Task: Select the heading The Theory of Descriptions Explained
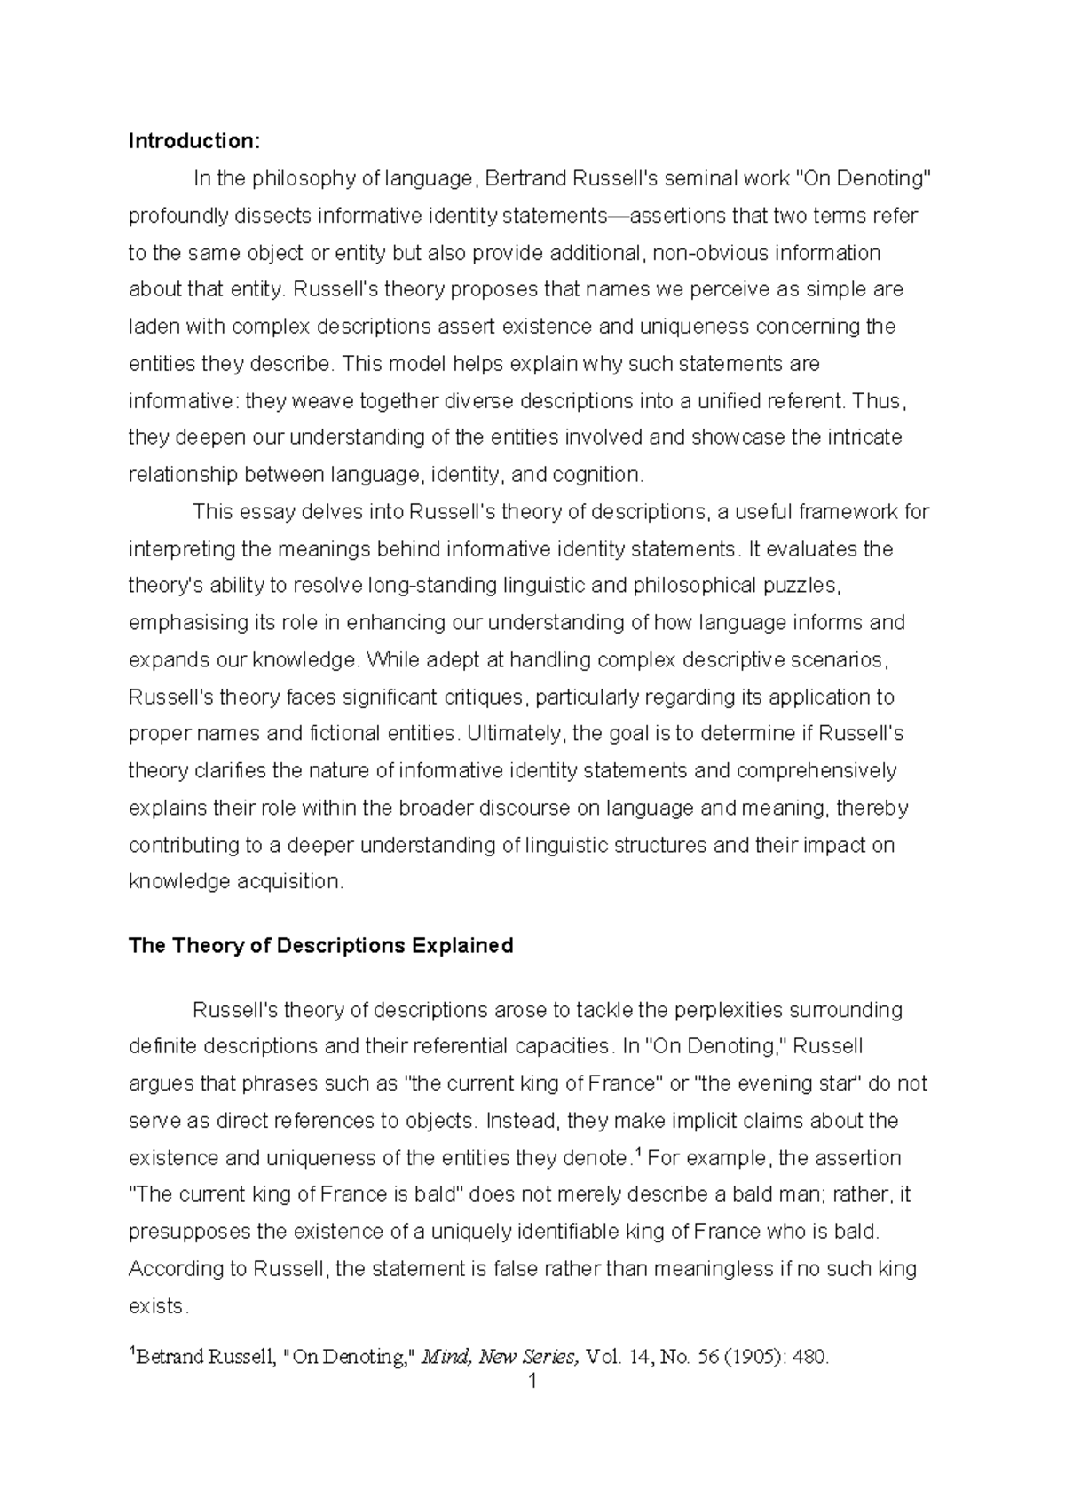(x=320, y=946)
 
